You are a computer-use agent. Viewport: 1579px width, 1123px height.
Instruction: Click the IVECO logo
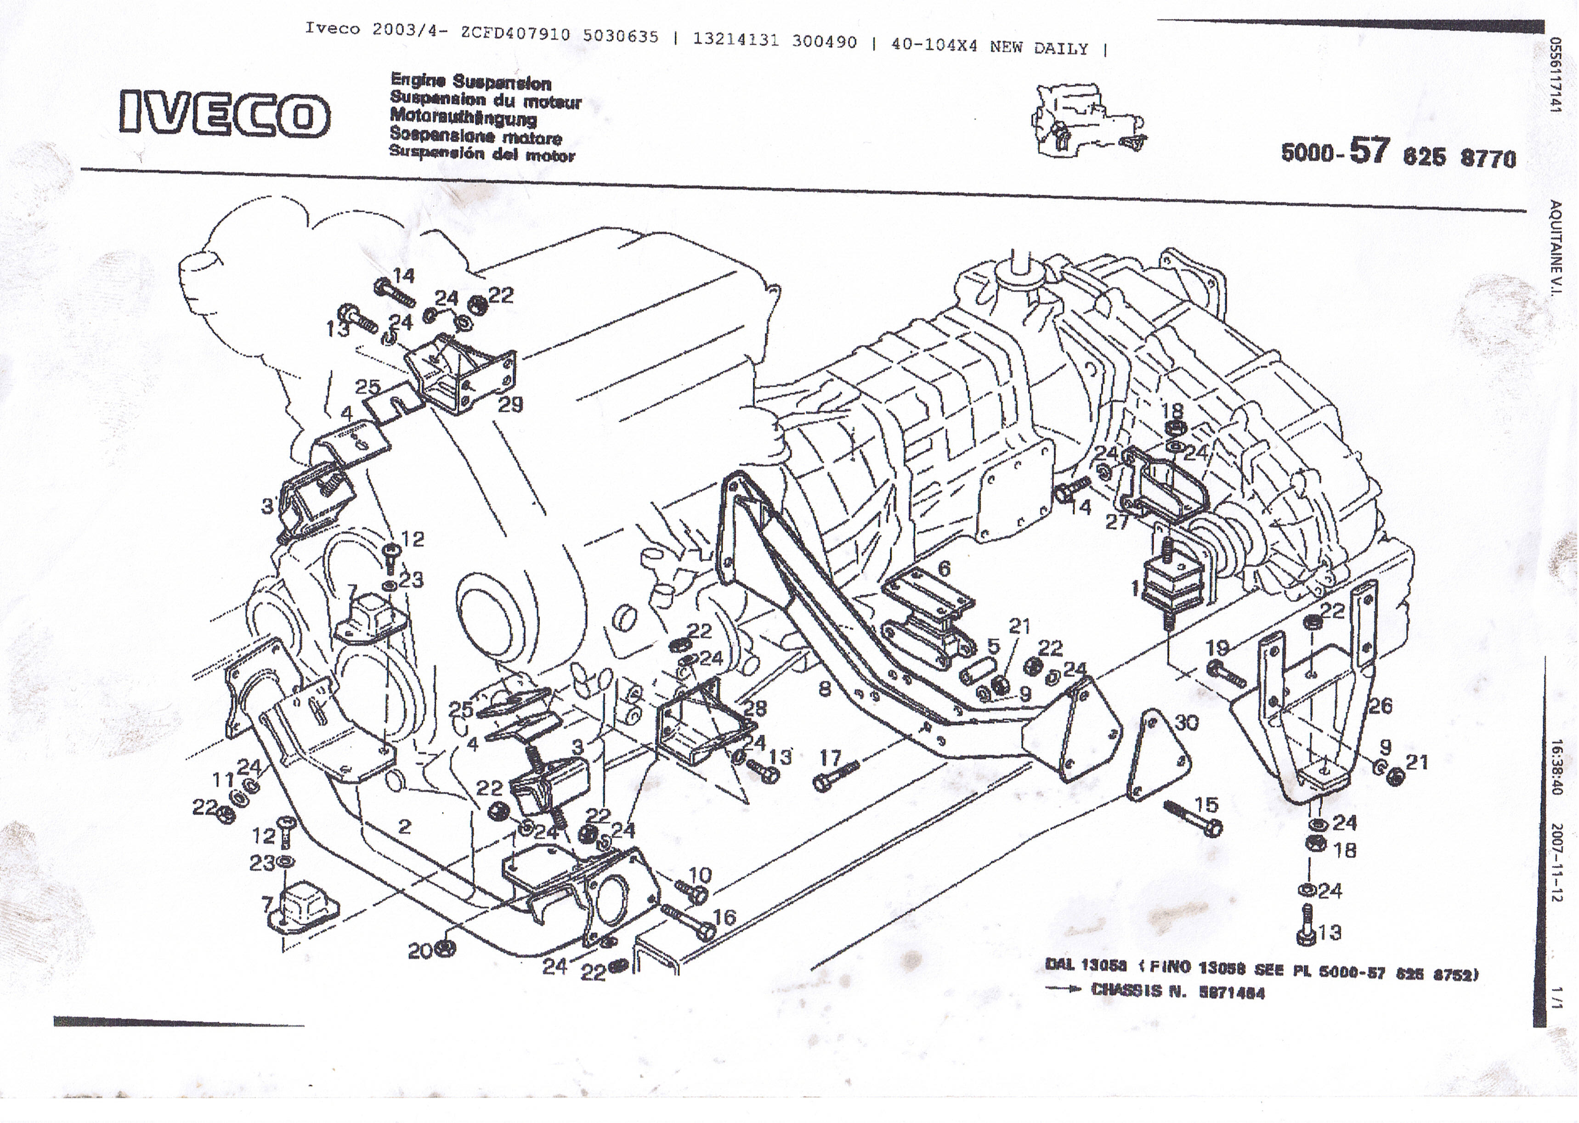(224, 114)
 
